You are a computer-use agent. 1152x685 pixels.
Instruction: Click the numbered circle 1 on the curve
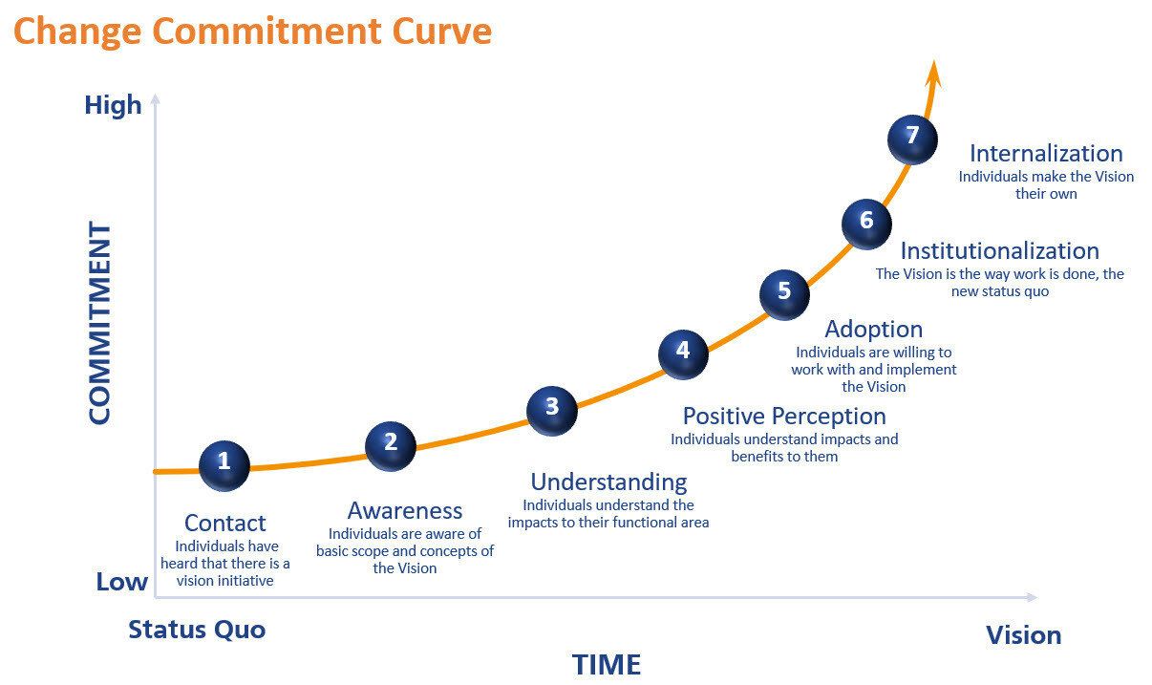point(224,464)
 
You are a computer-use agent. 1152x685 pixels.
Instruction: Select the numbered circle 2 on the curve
point(391,444)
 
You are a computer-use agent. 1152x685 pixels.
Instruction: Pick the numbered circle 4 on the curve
point(683,353)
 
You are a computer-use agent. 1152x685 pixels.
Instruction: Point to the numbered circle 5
point(784,292)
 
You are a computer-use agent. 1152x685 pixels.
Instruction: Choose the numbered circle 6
point(866,223)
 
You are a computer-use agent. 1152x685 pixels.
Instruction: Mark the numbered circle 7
point(912,138)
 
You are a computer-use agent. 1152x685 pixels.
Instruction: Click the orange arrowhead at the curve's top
point(934,73)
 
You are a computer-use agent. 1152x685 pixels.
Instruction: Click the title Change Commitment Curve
point(252,32)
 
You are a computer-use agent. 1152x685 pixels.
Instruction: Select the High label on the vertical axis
point(113,105)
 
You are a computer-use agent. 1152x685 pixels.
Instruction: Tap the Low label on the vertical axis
point(121,582)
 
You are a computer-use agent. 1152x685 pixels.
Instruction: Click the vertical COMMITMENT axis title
point(99,323)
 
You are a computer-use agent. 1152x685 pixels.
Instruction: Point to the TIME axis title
point(606,664)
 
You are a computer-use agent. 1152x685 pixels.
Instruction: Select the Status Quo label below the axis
point(197,630)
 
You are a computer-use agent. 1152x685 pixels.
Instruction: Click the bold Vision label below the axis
point(1023,635)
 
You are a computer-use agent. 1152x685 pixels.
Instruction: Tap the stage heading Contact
point(225,524)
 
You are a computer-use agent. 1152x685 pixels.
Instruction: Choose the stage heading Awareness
point(405,511)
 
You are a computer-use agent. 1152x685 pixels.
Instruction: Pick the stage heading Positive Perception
point(784,417)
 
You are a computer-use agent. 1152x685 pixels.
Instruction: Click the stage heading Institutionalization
point(999,251)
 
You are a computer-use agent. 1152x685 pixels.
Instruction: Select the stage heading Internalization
point(1046,153)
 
